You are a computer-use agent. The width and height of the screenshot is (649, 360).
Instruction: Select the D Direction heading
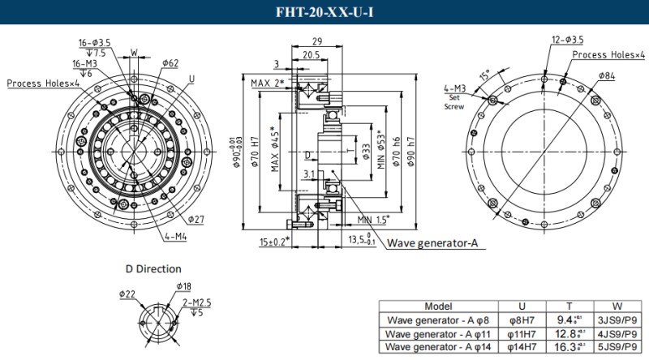pos(153,268)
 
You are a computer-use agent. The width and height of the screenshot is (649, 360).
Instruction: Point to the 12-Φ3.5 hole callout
pos(567,39)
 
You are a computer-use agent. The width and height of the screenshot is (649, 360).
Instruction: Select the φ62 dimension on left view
pos(170,62)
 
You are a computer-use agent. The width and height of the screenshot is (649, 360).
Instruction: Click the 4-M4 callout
pos(176,237)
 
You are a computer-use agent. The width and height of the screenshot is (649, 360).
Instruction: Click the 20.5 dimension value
pos(311,55)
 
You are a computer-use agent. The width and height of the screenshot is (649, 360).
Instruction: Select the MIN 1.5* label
pos(373,219)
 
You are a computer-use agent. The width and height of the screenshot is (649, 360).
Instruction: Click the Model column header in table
pos(438,306)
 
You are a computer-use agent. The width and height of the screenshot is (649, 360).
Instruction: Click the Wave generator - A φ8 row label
pos(438,319)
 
